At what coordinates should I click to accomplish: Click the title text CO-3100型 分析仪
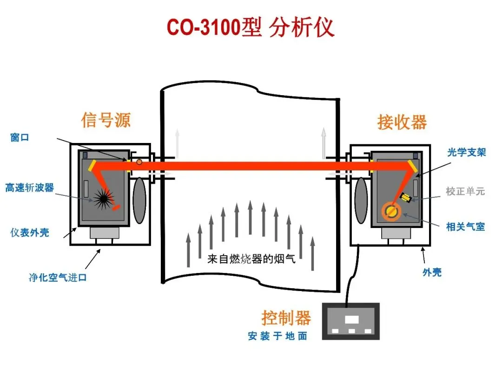tap(251, 27)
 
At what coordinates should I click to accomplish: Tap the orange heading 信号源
tap(106, 120)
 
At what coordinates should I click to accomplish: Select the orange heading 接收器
tap(402, 122)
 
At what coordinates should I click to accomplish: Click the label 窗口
tap(20, 137)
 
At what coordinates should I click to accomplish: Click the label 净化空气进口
tap(58, 278)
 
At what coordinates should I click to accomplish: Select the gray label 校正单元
tap(465, 191)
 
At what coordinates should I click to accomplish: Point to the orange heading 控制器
tap(286, 318)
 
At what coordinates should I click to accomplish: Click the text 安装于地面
tap(277, 336)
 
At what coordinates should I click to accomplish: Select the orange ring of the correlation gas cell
tap(392, 212)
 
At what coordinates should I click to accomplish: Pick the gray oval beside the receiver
tap(361, 200)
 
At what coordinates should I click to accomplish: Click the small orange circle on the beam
tap(139, 162)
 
